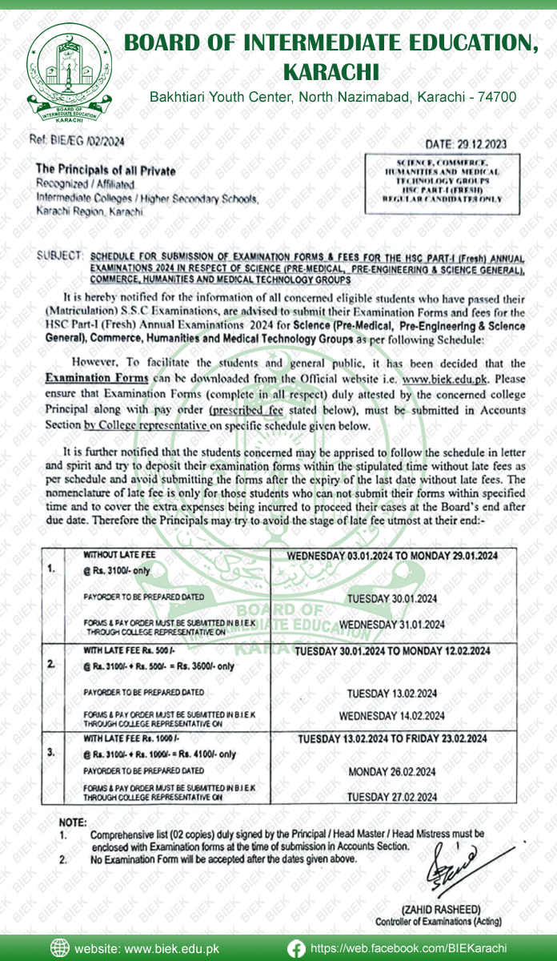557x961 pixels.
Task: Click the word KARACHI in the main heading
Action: (331, 72)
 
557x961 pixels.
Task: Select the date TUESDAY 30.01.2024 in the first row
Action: (391, 598)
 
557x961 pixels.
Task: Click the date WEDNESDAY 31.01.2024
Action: (391, 624)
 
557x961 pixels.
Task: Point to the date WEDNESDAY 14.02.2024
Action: (392, 716)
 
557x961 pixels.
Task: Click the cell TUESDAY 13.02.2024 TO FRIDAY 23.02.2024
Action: (392, 738)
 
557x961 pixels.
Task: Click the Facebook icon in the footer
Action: (295, 947)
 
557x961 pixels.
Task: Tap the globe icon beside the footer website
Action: (60, 947)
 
